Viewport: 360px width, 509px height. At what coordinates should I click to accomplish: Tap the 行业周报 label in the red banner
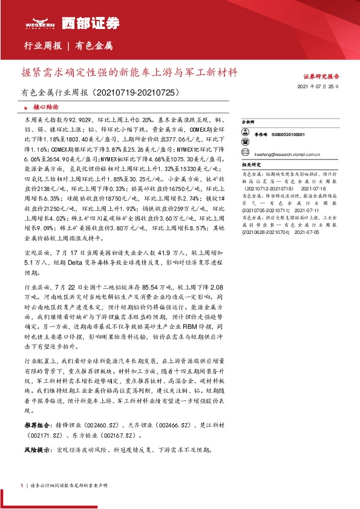[x=43, y=46]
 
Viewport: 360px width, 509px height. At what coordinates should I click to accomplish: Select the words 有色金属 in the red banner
[x=94, y=46]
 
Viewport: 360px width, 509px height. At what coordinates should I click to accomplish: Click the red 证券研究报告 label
[x=321, y=77]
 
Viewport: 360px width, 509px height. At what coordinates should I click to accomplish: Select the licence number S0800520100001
[x=288, y=134]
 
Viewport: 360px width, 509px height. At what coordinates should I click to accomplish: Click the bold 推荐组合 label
[x=34, y=417]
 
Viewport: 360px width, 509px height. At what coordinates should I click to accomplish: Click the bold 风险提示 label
[x=34, y=450]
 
